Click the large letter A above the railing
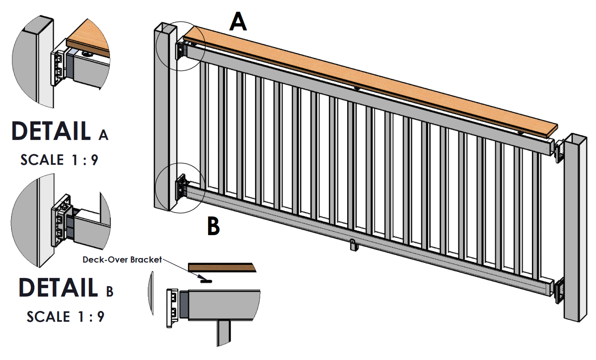tap(238, 22)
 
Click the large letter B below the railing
tap(213, 226)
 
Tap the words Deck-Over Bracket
tap(122, 259)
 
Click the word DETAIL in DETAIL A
tap(51, 131)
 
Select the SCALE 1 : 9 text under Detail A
tap(59, 160)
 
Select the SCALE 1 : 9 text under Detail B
tap(65, 317)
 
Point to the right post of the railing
tap(575, 228)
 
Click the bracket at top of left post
tap(180, 51)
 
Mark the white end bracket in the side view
tap(173, 308)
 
